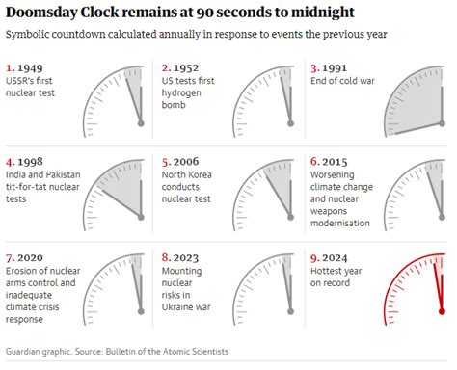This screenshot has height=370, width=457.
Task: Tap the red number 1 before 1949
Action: click(x=10, y=68)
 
